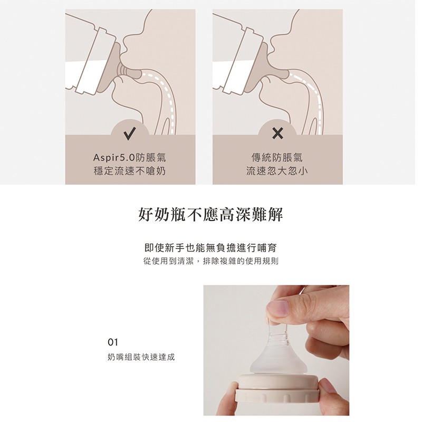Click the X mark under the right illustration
(277, 133)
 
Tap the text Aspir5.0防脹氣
(129, 158)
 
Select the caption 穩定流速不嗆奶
(129, 171)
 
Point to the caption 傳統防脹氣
(277, 158)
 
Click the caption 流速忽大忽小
(277, 171)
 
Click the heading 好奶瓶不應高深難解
(210, 215)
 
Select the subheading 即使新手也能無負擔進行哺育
(210, 248)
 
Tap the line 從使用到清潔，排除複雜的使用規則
(211, 261)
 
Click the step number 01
(113, 342)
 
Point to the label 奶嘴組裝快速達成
(141, 357)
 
